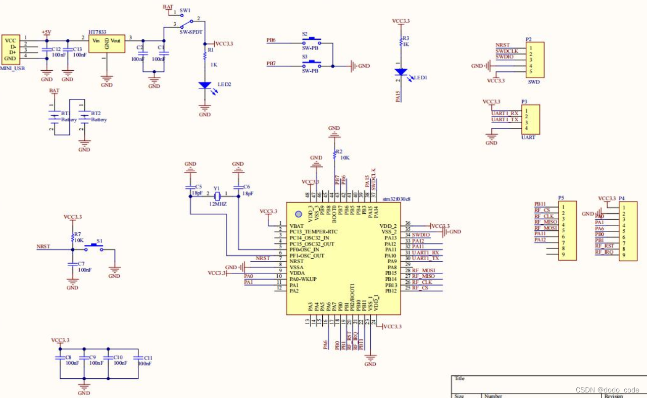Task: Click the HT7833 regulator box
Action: [x=107, y=43]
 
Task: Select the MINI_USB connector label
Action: [x=14, y=68]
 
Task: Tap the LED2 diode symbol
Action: [x=205, y=85]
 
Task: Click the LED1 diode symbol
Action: [x=401, y=72]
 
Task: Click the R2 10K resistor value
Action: [x=344, y=158]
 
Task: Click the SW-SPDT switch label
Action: [x=191, y=32]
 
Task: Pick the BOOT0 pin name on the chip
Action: [x=334, y=215]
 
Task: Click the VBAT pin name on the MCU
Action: [x=296, y=226]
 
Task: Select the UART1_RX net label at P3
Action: [x=505, y=113]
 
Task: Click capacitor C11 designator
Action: [x=145, y=357]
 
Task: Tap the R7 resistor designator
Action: [x=77, y=234]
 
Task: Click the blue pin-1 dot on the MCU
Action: [x=298, y=214]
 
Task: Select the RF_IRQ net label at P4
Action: [x=605, y=252]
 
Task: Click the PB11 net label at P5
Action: [x=540, y=204]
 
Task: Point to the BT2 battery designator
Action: [x=96, y=114]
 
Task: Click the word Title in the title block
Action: [x=459, y=378]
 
